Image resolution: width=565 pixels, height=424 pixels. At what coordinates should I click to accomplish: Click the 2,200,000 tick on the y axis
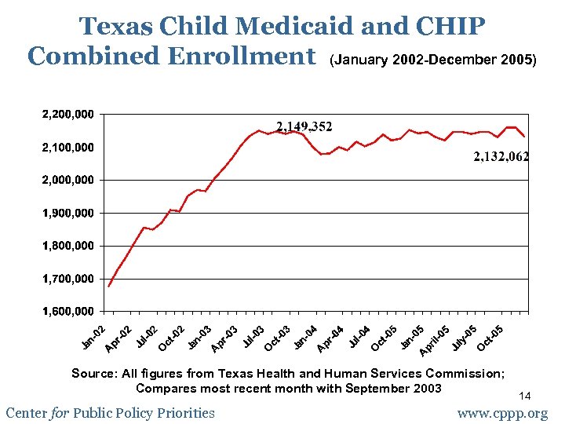[67, 115]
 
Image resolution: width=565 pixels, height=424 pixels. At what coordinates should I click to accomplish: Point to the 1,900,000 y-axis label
[67, 213]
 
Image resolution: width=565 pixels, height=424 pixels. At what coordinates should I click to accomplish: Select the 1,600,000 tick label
[67, 312]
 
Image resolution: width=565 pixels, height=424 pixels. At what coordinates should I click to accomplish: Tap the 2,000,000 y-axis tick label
[67, 180]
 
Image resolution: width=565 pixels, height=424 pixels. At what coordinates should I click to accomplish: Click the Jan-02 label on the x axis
[93, 335]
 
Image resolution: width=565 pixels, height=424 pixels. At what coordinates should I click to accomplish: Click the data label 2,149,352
[304, 126]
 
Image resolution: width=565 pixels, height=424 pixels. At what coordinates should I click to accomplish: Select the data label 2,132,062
[501, 157]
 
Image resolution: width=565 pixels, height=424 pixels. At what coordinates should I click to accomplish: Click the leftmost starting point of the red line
[108, 287]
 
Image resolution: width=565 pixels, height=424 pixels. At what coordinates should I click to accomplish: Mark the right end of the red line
[524, 137]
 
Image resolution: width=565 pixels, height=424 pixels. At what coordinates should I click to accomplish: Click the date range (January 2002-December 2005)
[433, 60]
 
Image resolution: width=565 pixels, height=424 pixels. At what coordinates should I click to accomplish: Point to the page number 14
[526, 396]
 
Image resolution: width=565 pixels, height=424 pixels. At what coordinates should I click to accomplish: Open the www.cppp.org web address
[503, 413]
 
